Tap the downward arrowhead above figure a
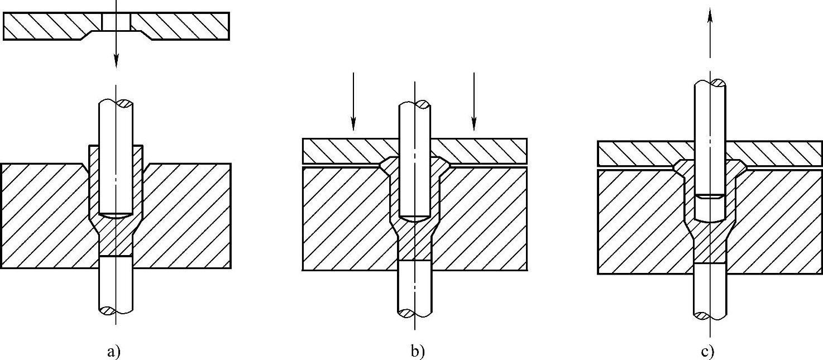tap(116, 61)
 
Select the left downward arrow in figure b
tap(353, 100)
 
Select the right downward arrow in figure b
tap(473, 100)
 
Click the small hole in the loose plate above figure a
tap(116, 21)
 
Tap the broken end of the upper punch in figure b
tap(415, 104)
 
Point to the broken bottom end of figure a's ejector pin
tap(116, 310)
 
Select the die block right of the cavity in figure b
tap(480, 218)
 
